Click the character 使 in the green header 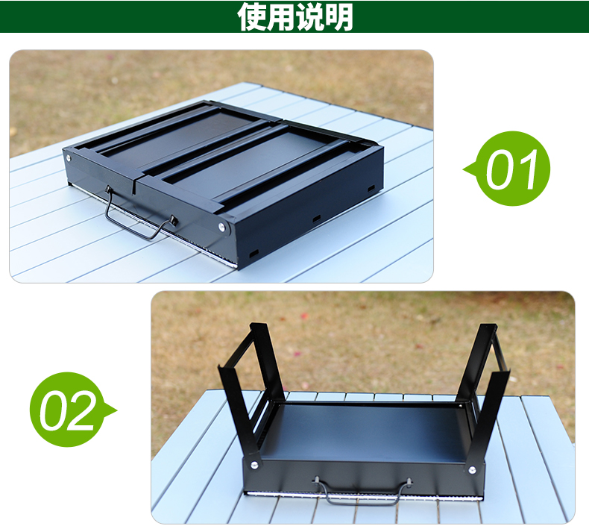[x=252, y=16]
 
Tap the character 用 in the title [x=281, y=16]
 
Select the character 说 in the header [x=310, y=16]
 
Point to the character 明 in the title [x=338, y=16]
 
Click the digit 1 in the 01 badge [x=526, y=169]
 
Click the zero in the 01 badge [x=500, y=169]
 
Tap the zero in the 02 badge [x=53, y=410]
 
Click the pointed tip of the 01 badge [x=464, y=169]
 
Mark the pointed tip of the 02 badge [x=117, y=410]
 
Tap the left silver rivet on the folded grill [x=69, y=158]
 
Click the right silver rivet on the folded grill [x=222, y=226]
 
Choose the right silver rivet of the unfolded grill [x=472, y=469]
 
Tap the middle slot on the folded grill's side [x=316, y=219]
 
